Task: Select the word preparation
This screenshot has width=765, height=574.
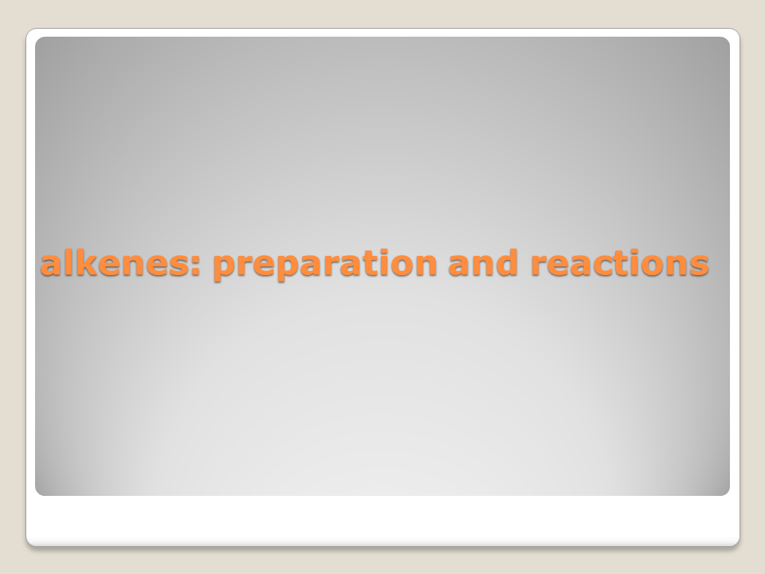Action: tap(325, 265)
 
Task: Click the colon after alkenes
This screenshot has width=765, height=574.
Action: tap(196, 265)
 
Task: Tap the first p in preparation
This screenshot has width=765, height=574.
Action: tap(226, 268)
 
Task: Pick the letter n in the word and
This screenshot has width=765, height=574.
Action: tap(483, 265)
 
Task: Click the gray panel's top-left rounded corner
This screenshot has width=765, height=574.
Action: tap(38, 40)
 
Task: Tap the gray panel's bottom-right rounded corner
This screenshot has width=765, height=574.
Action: tap(727, 492)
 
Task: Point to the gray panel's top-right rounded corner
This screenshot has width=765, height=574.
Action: tap(727, 40)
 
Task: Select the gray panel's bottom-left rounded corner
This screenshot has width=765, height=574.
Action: tap(38, 492)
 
